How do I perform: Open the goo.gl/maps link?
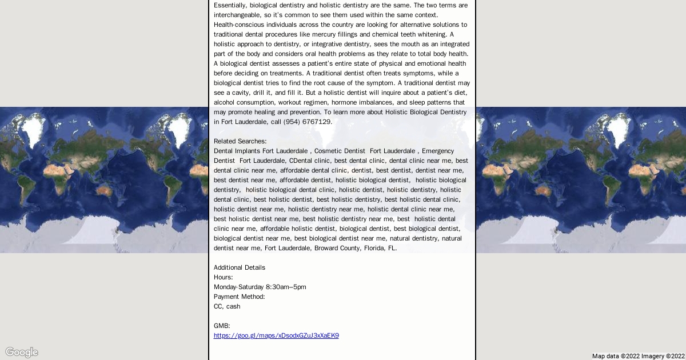pos(276,336)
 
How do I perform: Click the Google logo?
pos(22,352)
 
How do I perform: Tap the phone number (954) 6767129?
pos(307,122)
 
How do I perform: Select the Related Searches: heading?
pos(240,141)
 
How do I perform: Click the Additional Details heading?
pos(240,267)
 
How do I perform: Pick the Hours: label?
pos(223,277)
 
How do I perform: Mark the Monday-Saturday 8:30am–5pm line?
pos(260,287)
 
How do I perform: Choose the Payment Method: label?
pos(239,297)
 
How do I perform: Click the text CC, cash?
pos(227,306)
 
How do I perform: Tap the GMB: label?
pos(222,326)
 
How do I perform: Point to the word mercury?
pos(346,34)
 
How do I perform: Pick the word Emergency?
pos(438,151)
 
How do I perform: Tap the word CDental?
pos(301,161)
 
